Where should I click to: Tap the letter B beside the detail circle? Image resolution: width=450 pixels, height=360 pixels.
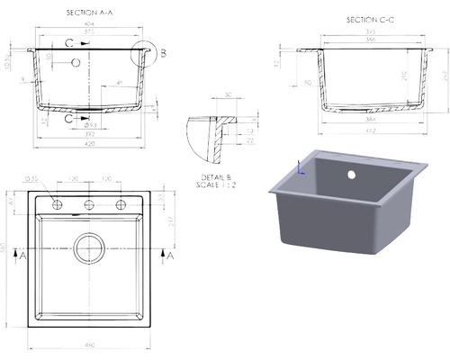163,54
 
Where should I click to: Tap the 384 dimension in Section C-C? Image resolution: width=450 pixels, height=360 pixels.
371,120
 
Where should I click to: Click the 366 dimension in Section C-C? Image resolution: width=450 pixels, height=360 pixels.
371,40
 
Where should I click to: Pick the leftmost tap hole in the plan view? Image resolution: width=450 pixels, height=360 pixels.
58,205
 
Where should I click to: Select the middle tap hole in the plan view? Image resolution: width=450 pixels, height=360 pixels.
89,205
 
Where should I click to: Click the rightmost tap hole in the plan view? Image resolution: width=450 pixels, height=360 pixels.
120,205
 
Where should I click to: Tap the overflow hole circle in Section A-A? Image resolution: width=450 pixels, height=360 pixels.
76,63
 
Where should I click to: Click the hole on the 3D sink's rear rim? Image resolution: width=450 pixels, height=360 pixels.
353,171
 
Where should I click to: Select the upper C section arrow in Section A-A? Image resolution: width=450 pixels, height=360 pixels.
68,41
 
